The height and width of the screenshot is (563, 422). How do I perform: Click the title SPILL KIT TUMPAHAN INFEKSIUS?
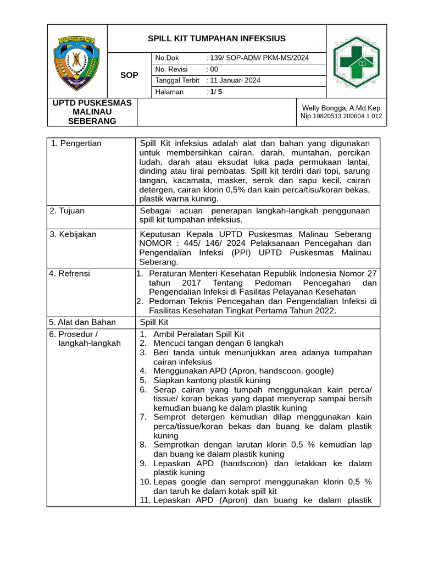[216, 38]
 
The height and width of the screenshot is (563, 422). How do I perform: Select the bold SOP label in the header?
[129, 75]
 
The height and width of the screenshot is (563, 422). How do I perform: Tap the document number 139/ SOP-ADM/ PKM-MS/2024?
[257, 58]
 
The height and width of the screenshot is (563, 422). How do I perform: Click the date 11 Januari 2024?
[234, 80]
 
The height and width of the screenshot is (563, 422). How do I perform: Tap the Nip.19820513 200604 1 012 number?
[341, 117]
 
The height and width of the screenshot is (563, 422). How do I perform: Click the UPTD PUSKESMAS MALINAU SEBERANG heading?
[92, 112]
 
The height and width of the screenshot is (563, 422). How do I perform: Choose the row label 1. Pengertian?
[76, 143]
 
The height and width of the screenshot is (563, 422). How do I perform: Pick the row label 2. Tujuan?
[67, 211]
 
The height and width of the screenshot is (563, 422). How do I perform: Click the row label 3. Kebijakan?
[73, 234]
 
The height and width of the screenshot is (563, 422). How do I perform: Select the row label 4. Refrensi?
[70, 273]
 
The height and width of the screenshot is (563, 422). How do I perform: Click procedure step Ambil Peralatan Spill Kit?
[198, 334]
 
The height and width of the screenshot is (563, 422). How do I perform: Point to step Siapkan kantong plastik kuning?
[212, 380]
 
